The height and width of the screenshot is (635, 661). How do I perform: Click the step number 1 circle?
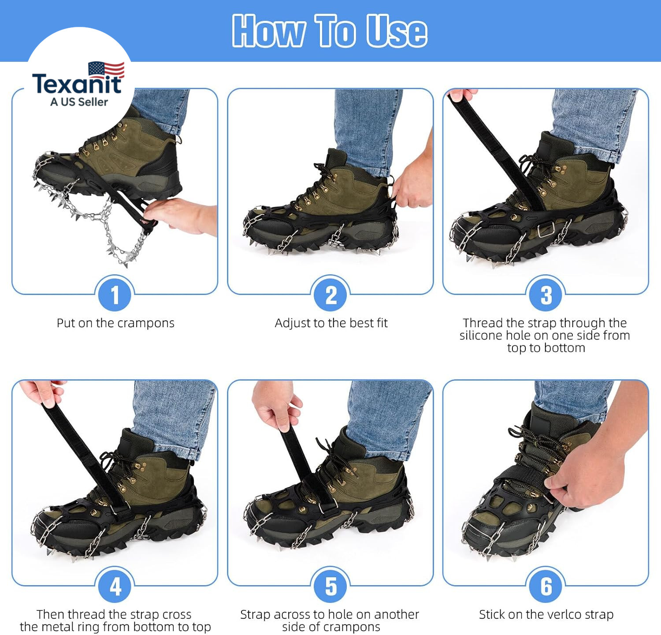[115, 295]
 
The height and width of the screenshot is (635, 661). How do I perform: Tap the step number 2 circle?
[330, 295]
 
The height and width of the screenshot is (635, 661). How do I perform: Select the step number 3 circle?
[546, 295]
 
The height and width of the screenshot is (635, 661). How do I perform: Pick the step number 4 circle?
[115, 586]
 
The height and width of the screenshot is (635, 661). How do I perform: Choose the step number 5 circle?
[330, 586]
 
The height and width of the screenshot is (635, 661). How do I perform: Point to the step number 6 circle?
[546, 586]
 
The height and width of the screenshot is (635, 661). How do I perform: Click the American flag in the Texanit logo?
[106, 70]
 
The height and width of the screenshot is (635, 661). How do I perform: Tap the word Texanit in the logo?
[77, 84]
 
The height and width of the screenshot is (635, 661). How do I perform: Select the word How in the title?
[269, 30]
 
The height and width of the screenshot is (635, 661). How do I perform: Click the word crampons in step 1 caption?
[146, 324]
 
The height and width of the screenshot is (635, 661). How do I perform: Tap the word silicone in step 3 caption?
[481, 336]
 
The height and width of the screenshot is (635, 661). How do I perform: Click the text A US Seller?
[79, 102]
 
